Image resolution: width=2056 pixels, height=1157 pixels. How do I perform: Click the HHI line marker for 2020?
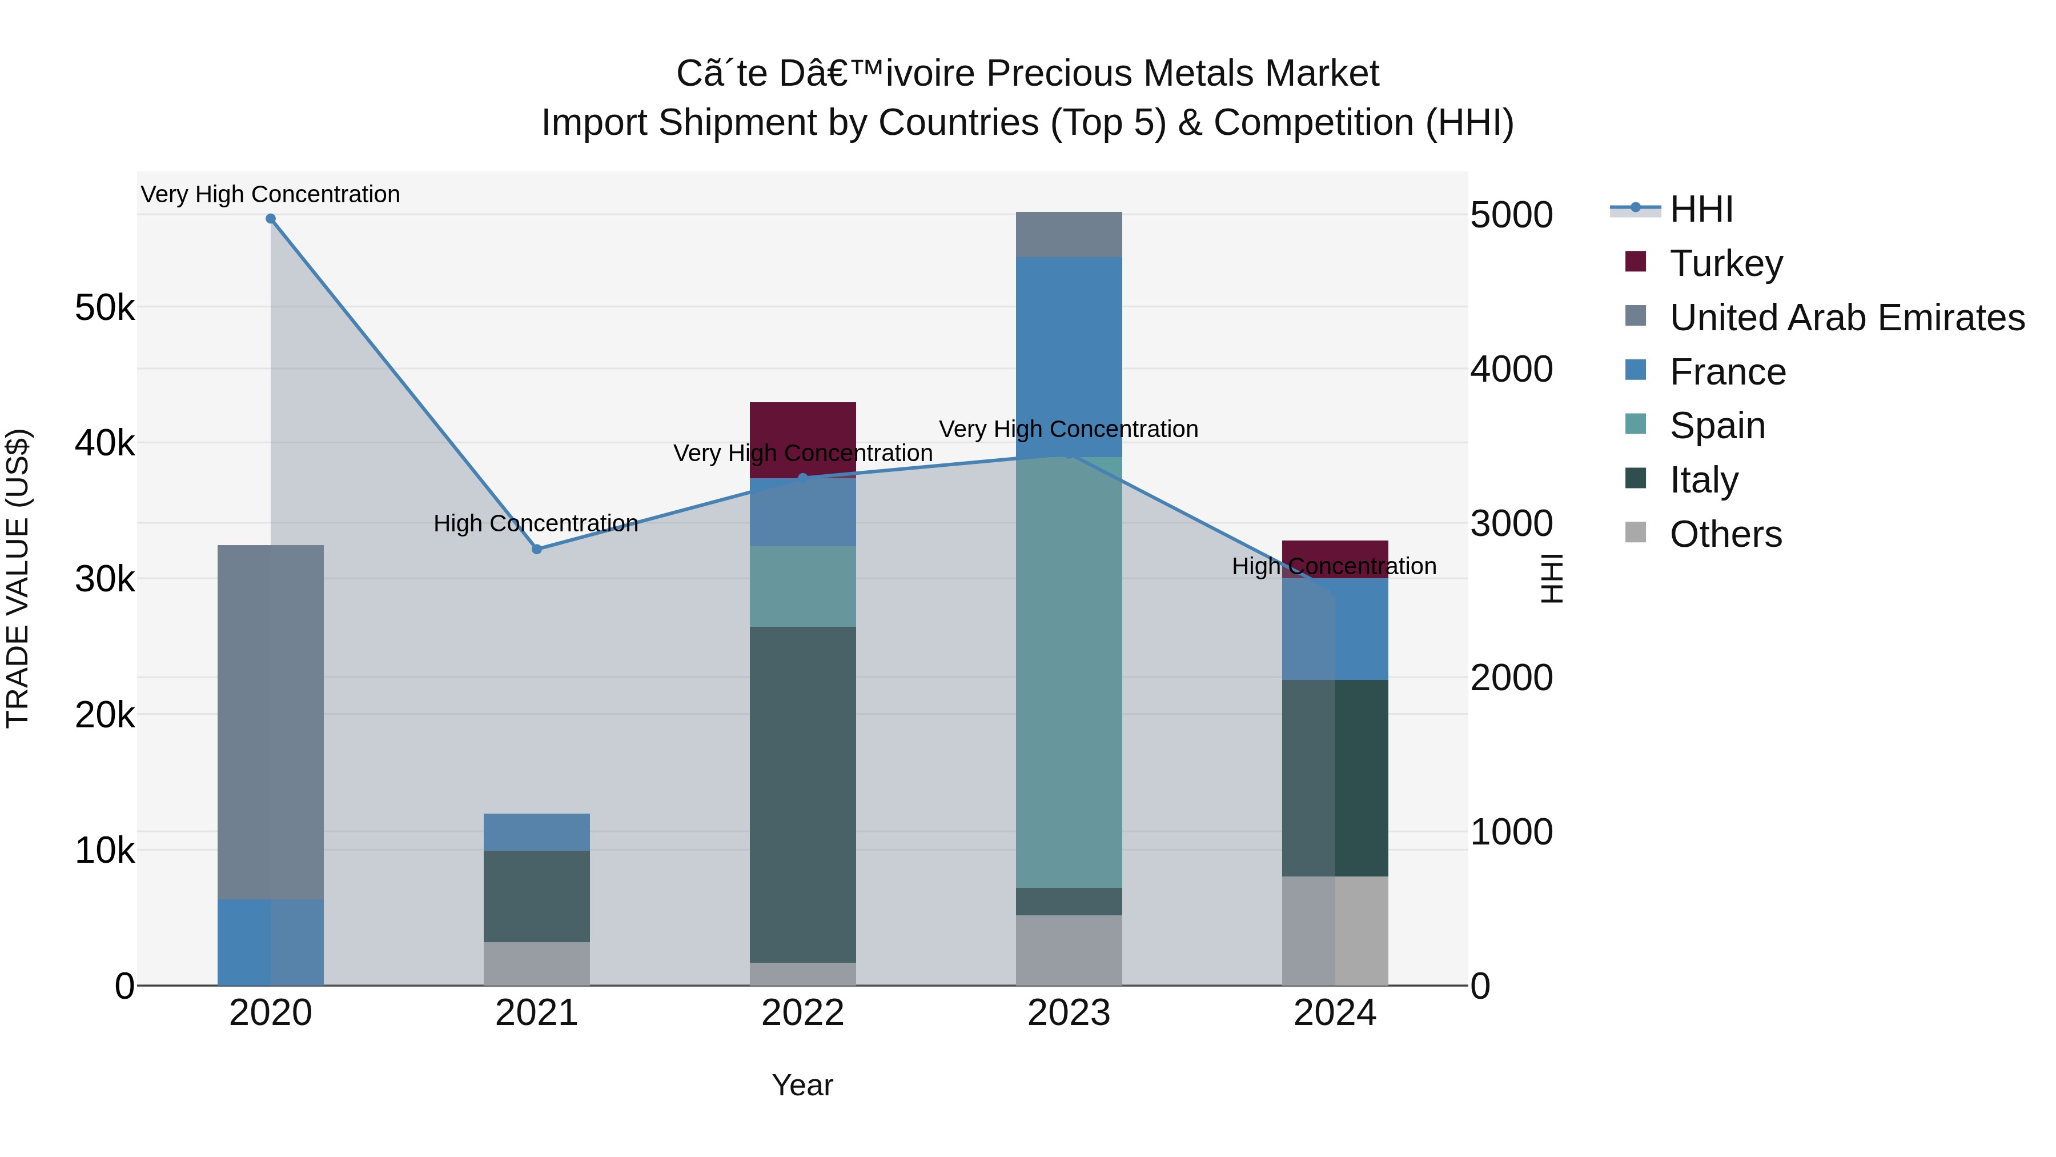pyautogui.click(x=271, y=219)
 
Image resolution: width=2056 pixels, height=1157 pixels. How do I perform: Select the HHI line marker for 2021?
pyautogui.click(x=536, y=549)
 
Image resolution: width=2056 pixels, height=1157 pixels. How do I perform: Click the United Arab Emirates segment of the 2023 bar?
pyautogui.click(x=1069, y=235)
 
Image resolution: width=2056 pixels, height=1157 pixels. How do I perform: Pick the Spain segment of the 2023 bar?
pyautogui.click(x=1069, y=671)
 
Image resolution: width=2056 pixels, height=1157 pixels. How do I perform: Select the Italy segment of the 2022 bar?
pyautogui.click(x=802, y=795)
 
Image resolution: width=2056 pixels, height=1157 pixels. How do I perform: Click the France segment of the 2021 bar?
pyautogui.click(x=536, y=832)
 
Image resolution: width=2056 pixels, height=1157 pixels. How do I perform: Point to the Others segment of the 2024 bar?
pyautogui.click(x=1335, y=931)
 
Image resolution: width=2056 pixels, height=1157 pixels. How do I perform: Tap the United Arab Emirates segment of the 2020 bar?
pyautogui.click(x=271, y=723)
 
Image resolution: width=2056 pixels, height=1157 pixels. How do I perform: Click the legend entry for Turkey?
pyautogui.click(x=1725, y=263)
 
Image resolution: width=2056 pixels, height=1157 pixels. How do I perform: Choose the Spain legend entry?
pyautogui.click(x=1717, y=426)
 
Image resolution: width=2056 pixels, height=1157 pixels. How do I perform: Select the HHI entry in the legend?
pyautogui.click(x=1701, y=209)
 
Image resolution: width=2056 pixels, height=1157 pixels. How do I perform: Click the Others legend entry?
pyautogui.click(x=1725, y=534)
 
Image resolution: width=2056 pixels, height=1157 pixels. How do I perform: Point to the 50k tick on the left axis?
pyautogui.click(x=105, y=307)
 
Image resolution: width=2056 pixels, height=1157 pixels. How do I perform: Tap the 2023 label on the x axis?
pyautogui.click(x=1069, y=1013)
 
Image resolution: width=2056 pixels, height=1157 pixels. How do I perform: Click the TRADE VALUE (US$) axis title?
pyautogui.click(x=18, y=578)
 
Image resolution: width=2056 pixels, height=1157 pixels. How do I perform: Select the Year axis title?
pyautogui.click(x=802, y=1085)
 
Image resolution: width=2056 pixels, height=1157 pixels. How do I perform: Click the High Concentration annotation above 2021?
pyautogui.click(x=536, y=524)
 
